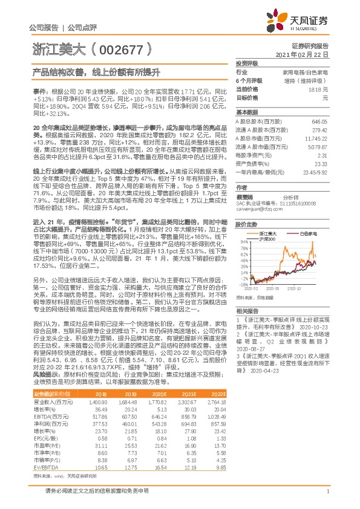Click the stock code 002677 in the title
coord(122,48)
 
